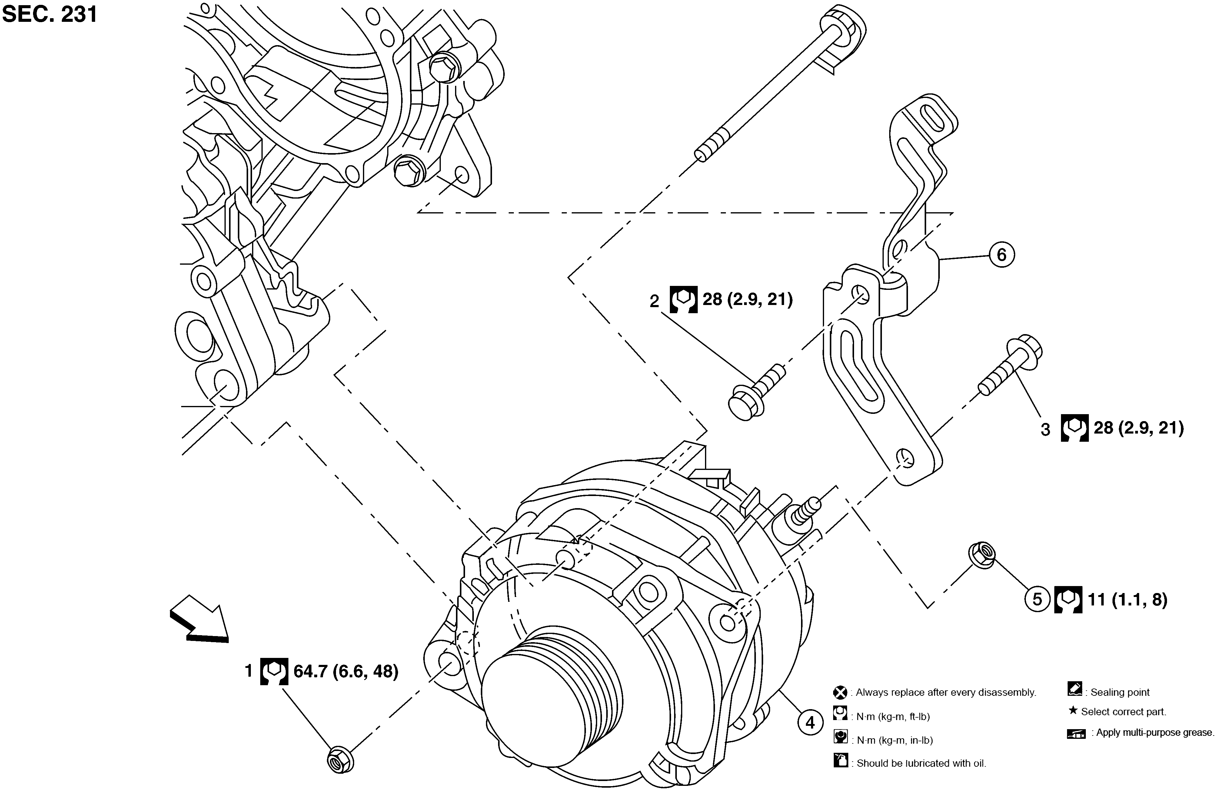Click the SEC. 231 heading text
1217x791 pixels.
coord(50,14)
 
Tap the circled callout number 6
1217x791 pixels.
coord(1001,254)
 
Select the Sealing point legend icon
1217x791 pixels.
coord(1074,689)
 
